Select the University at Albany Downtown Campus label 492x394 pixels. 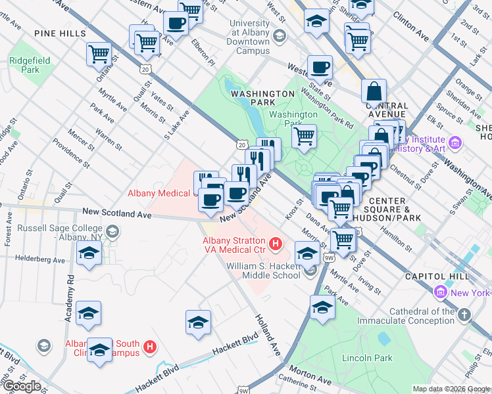tap(249, 37)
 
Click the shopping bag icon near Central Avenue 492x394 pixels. tap(373, 91)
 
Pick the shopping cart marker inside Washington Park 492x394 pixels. tap(303, 137)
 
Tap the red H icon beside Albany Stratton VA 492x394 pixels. tap(276, 244)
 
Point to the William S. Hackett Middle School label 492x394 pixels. tap(263, 271)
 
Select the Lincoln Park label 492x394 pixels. tap(367, 359)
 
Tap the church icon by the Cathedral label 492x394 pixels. tap(464, 314)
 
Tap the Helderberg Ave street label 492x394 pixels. tap(40, 260)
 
